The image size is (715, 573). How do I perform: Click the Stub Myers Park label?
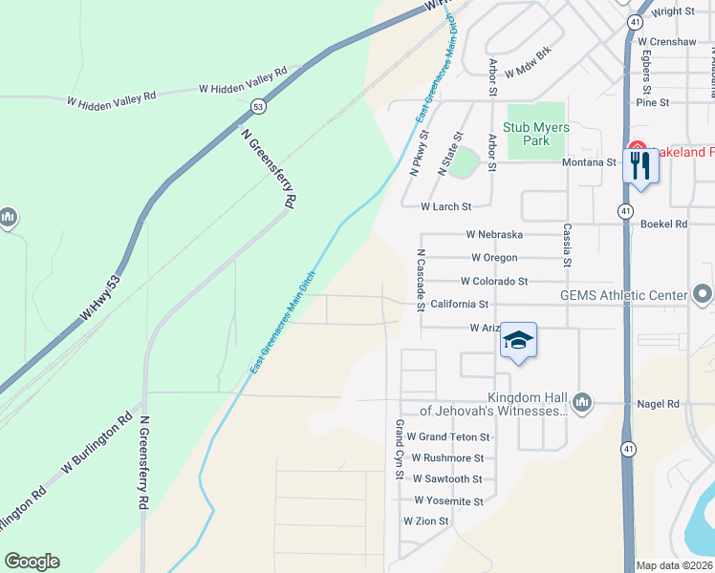(536, 134)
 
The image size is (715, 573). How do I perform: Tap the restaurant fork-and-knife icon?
(639, 166)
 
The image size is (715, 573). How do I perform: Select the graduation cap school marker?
(518, 341)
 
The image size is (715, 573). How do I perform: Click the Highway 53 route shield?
(258, 107)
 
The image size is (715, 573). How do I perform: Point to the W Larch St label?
(446, 206)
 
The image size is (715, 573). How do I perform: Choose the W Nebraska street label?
(494, 234)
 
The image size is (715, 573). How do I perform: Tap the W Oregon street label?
(494, 258)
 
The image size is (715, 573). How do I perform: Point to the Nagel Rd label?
(660, 404)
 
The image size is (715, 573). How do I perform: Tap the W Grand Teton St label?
(447, 437)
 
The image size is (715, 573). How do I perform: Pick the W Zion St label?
(425, 521)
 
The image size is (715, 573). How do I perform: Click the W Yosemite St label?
(448, 500)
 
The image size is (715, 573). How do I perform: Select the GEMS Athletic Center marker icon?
(703, 294)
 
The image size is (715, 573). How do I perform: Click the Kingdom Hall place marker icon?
(582, 402)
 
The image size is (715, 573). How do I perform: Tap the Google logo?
(32, 562)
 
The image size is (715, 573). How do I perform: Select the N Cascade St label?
(421, 281)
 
